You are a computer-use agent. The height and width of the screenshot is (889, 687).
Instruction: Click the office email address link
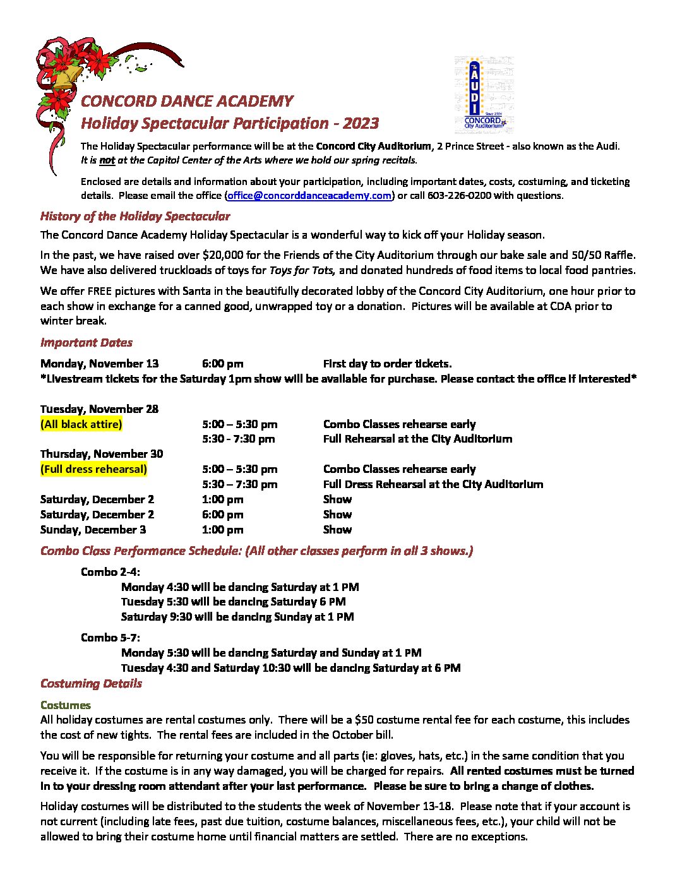coord(309,196)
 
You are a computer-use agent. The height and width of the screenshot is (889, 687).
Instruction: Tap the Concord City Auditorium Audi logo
coord(484,95)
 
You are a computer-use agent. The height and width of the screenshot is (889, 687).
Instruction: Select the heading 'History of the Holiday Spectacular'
coord(135,217)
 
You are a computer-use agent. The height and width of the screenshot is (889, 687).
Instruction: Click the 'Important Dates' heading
coord(87,343)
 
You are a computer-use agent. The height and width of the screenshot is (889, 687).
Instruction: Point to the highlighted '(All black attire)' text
coord(81,424)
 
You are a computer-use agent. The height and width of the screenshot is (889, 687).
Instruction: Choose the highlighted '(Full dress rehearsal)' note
coord(93,469)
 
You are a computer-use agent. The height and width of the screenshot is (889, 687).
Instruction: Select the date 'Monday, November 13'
coord(100,364)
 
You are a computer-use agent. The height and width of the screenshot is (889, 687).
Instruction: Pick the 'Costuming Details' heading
coord(91,684)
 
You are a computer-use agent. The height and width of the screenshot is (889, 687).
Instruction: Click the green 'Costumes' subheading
coord(66,705)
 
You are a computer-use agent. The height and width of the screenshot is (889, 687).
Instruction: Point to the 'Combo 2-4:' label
coord(111,572)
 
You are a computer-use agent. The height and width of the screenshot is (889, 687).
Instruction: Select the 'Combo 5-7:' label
coord(111,638)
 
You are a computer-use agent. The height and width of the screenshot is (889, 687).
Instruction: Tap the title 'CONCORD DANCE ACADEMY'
coord(187,102)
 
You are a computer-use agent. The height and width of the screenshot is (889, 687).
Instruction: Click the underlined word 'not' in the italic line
coord(107,160)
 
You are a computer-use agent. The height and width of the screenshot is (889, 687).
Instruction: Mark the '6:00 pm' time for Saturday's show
coord(222,515)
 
